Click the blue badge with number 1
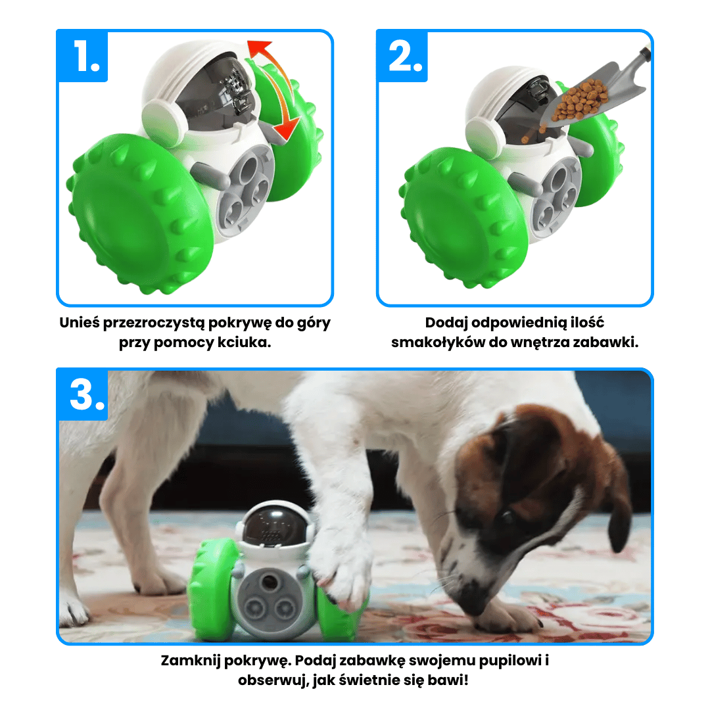pyautogui.click(x=82, y=56)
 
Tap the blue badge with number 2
pyautogui.click(x=402, y=56)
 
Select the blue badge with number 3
pyautogui.click(x=82, y=394)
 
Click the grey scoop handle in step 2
pyautogui.click(x=642, y=56)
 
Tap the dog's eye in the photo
pyautogui.click(x=506, y=515)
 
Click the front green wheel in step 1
pyautogui.click(x=141, y=213)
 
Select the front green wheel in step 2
pyautogui.click(x=464, y=218)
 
